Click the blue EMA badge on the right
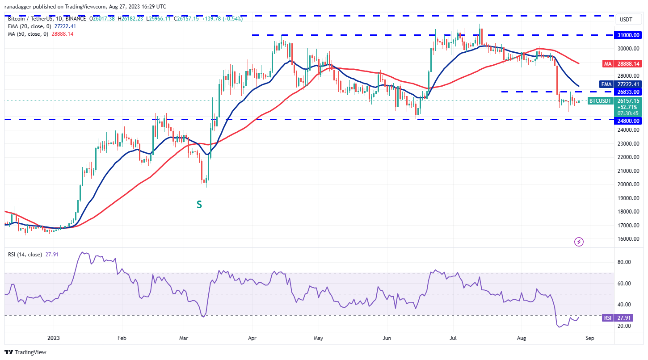[606, 84]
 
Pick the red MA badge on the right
[607, 64]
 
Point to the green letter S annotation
[199, 205]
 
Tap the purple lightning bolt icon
[579, 242]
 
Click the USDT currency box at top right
[626, 20]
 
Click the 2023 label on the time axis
[54, 338]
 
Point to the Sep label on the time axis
[589, 338]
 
